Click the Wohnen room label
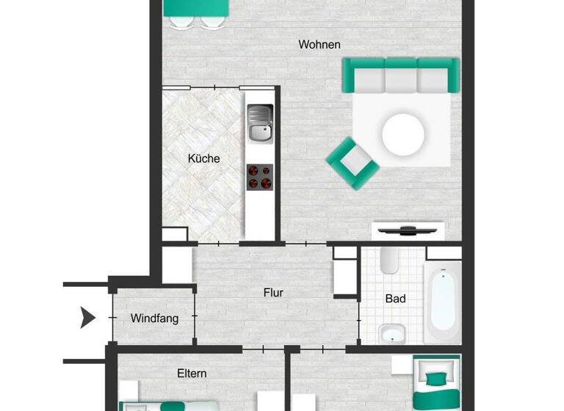319,45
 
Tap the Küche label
203,158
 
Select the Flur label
273,292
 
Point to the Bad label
395,299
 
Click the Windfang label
154,319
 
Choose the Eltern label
192,373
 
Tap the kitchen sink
259,123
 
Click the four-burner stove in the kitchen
259,177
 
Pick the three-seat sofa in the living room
402,75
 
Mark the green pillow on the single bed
436,379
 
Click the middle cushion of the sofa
402,76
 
